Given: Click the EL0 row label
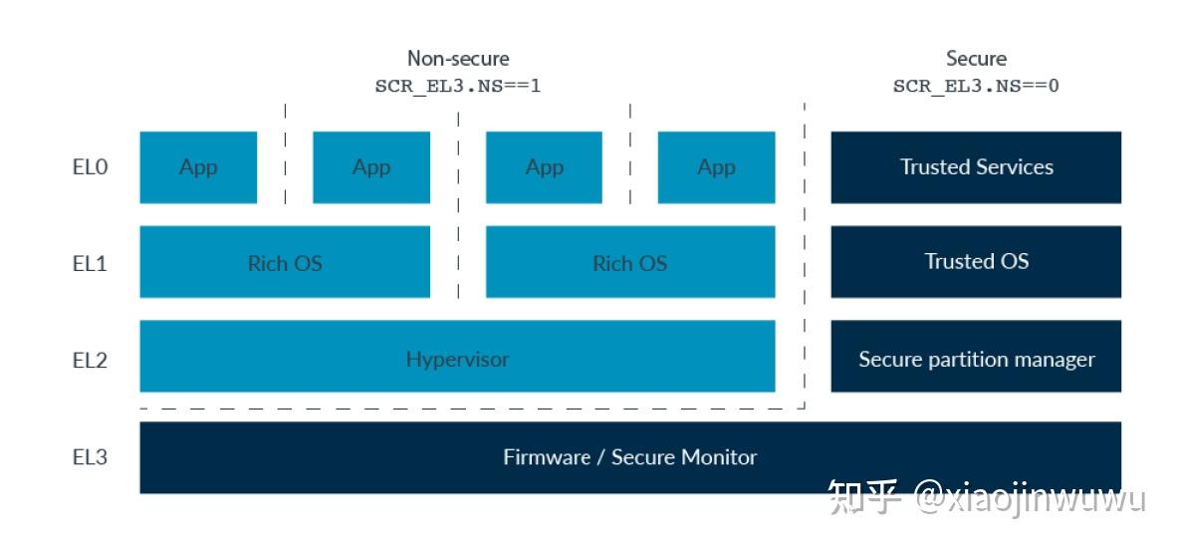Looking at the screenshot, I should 90,167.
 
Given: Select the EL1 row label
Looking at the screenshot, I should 90,263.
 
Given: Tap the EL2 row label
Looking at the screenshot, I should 90,360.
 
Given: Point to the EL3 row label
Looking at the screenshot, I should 90,457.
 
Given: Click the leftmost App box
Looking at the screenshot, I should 198,167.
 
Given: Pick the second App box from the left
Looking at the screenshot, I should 371,167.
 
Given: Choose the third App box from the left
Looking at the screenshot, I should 544,167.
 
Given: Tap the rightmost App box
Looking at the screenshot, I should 716,167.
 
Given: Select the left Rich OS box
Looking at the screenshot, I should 285,262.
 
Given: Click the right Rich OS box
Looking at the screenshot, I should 629,262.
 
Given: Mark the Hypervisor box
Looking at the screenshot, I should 457,357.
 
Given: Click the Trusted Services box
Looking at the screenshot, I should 976,167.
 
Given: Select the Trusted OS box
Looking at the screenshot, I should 976,261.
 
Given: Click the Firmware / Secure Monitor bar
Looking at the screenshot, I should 629,457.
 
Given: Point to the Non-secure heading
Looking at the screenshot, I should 458,59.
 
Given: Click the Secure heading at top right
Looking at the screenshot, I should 976,59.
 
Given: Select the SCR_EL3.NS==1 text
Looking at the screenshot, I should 458,86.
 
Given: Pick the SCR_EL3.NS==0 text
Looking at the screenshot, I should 976,86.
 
